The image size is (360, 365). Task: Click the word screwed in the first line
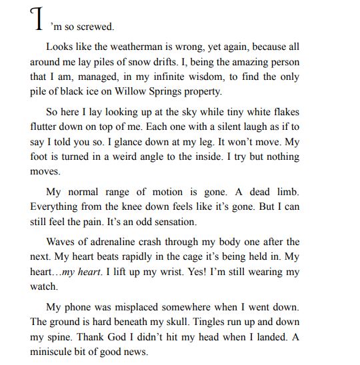97,27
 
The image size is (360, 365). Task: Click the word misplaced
131,307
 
